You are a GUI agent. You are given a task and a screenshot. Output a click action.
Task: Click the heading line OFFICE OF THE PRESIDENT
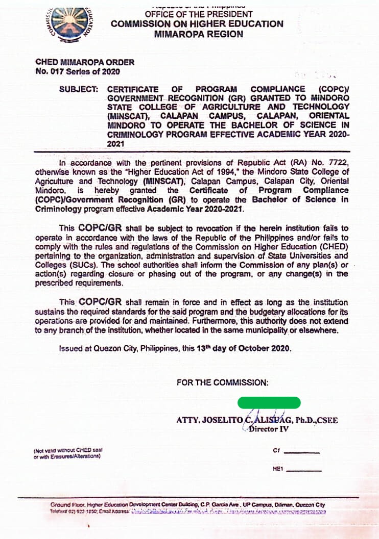pos(198,14)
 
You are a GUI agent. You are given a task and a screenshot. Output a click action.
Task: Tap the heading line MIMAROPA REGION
pos(198,34)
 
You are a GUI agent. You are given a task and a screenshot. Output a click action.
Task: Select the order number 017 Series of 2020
pos(78,72)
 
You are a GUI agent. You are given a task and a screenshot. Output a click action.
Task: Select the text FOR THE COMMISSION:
pos(222,382)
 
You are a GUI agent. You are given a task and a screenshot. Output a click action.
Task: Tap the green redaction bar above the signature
pos(269,402)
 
